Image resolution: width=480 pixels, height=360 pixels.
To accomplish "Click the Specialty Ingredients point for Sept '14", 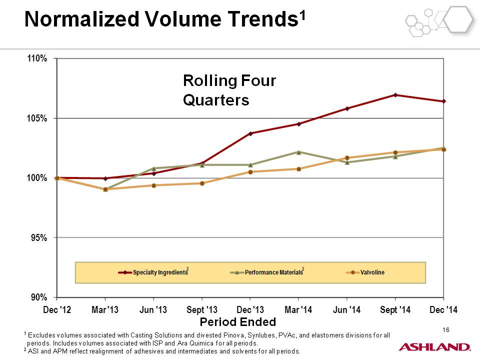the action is [x=395, y=95].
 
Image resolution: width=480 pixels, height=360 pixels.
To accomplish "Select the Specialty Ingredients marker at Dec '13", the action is [x=250, y=133].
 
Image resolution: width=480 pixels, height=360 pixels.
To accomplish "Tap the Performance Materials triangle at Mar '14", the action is [x=299, y=152].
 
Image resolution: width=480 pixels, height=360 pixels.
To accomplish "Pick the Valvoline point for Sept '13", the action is [x=202, y=183].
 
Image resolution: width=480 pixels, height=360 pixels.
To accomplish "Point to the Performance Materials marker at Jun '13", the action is [x=153, y=168].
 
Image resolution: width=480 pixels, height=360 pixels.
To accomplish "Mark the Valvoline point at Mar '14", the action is [x=299, y=169].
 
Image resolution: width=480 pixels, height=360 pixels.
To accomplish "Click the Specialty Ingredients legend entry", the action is [x=153, y=272].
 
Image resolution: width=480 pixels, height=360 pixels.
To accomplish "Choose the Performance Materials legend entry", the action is [x=267, y=272].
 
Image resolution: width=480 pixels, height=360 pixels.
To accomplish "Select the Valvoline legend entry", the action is [x=365, y=272].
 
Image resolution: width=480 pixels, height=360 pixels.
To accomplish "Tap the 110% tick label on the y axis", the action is [x=37, y=58].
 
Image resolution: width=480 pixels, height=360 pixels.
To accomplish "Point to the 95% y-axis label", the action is [x=39, y=237].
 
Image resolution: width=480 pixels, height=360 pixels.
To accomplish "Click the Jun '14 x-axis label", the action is [x=346, y=310].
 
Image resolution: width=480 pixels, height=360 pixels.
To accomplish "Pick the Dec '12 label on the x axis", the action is [x=57, y=310].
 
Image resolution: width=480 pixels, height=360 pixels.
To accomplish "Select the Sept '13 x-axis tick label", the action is [x=202, y=310].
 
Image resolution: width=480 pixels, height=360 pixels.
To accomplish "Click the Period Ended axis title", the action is [x=238, y=322].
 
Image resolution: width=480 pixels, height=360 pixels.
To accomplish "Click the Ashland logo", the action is [x=434, y=347].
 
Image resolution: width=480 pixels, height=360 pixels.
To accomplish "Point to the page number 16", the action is [x=445, y=329].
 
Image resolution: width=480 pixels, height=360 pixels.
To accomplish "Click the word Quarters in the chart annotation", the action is [x=216, y=100].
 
